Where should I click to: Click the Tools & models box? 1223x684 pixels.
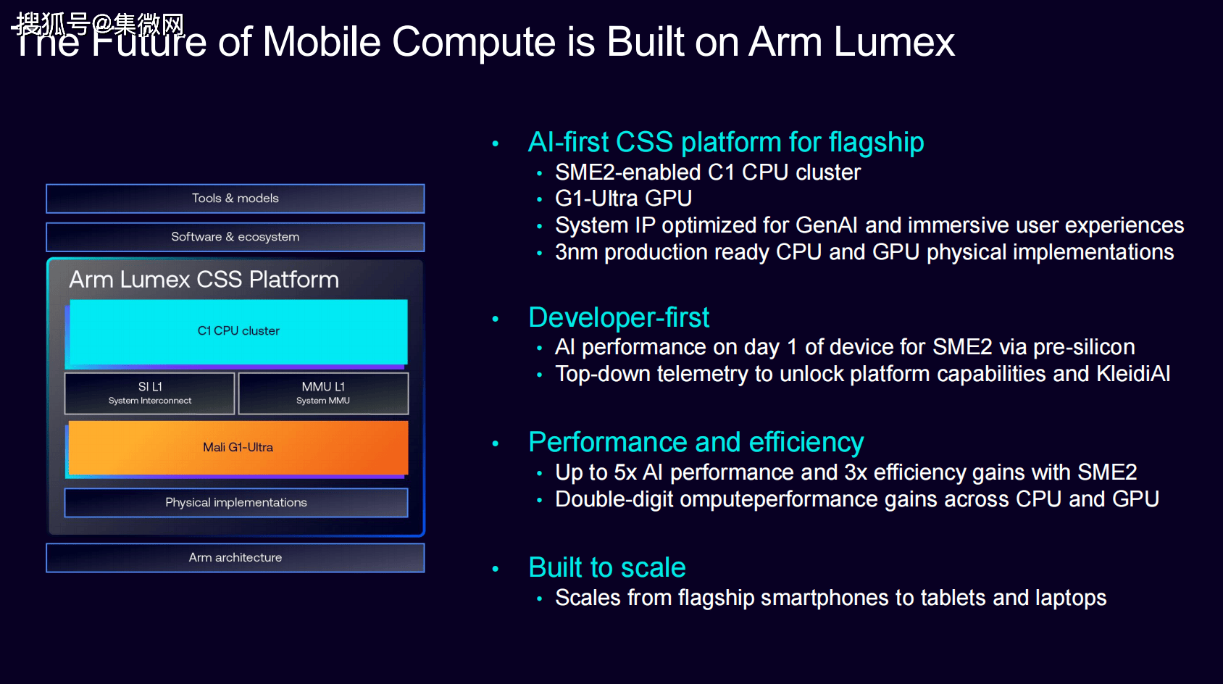pyautogui.click(x=235, y=198)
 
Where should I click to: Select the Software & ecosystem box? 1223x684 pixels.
pyautogui.click(x=235, y=237)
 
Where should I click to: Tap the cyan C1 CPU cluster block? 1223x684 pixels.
pyautogui.click(x=238, y=331)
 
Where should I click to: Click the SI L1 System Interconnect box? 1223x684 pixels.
pyautogui.click(x=149, y=393)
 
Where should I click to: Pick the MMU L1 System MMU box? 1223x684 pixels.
pyautogui.click(x=323, y=393)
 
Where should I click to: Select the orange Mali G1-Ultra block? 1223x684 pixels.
pyautogui.click(x=238, y=448)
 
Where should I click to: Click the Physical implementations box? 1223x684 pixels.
pyautogui.click(x=236, y=502)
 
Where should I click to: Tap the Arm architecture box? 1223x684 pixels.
pyautogui.click(x=235, y=557)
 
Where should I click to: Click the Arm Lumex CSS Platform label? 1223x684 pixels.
pyautogui.click(x=204, y=280)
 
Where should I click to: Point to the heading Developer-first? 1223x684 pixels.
pyautogui.click(x=619, y=317)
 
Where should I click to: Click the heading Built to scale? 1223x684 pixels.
pyautogui.click(x=607, y=567)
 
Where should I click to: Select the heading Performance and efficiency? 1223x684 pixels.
pyautogui.click(x=696, y=442)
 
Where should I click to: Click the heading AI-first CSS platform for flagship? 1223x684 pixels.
pyautogui.click(x=726, y=143)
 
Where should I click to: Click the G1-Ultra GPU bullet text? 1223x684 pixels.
pyautogui.click(x=624, y=198)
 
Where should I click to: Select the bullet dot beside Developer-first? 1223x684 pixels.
pyautogui.click(x=495, y=319)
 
